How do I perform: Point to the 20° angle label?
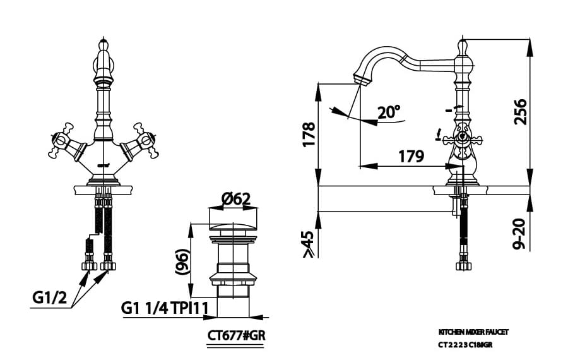pyautogui.click(x=388, y=112)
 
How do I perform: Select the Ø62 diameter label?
pyautogui.click(x=236, y=199)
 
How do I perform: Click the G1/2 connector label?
pyautogui.click(x=49, y=296)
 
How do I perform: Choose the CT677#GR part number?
pyautogui.click(x=236, y=335)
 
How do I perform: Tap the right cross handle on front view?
pyautogui.click(x=142, y=143)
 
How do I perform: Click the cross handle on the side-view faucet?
pyautogui.click(x=461, y=138)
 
